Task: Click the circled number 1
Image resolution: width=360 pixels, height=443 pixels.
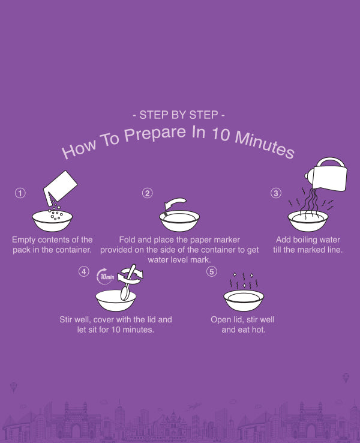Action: point(20,193)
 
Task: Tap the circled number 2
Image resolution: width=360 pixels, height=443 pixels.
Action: point(148,193)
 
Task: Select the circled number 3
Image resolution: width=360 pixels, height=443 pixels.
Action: point(276,193)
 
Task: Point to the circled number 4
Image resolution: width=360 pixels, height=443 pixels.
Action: point(83,272)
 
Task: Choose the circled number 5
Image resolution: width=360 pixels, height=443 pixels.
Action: point(212,272)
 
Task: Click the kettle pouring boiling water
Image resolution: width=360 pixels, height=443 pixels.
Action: point(328,175)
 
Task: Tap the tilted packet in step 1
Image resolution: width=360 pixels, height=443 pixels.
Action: point(60,187)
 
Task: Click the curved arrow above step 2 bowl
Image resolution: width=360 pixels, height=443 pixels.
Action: point(175,203)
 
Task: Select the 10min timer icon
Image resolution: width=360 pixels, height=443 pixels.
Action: point(106,276)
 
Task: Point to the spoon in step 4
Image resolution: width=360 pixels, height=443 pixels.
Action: point(128,283)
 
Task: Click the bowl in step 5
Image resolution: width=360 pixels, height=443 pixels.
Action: point(244,300)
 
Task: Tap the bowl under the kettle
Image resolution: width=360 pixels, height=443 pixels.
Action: point(308,221)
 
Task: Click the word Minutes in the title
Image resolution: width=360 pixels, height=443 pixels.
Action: point(265,144)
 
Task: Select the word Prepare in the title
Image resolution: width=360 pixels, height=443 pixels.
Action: point(155,134)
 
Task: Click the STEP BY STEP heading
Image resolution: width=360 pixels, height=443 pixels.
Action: point(179,115)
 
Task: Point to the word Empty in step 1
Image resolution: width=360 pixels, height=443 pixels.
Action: point(24,240)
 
